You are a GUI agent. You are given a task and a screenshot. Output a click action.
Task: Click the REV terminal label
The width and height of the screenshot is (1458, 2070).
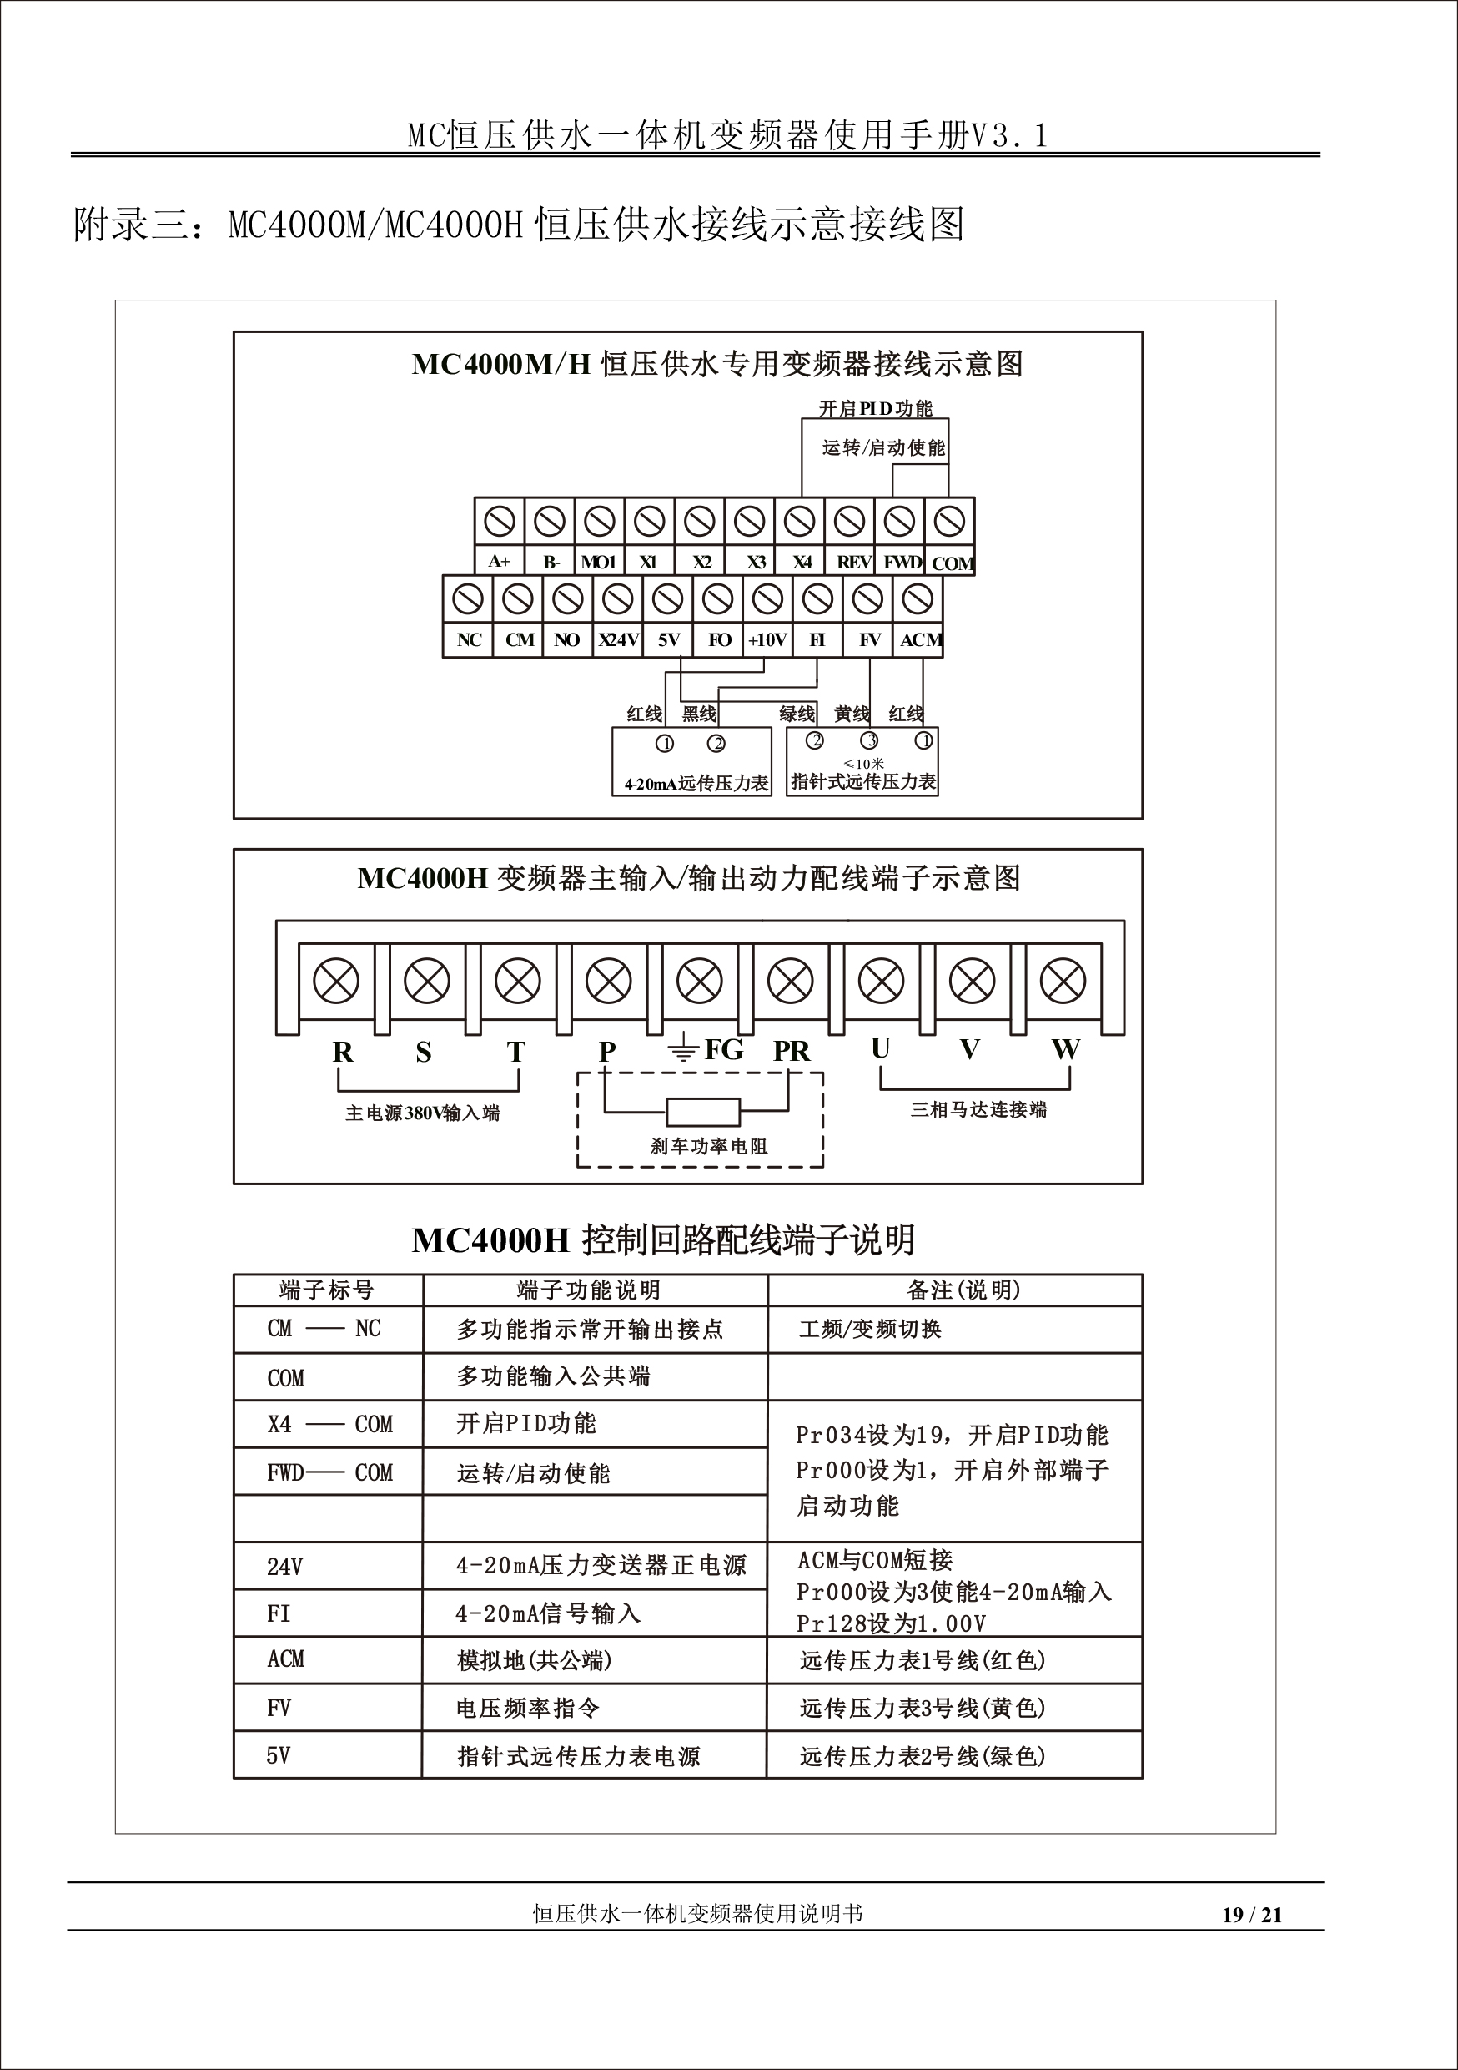pos(853,563)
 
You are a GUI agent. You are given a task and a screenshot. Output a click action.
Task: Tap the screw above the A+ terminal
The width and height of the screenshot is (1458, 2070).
pos(500,521)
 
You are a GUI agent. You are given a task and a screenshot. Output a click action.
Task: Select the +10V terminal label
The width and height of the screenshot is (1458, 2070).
pos(767,640)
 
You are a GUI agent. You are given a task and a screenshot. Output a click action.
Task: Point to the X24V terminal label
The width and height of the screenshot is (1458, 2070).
pos(618,640)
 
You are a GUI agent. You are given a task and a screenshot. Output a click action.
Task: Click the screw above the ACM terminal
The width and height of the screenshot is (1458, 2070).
pos(918,598)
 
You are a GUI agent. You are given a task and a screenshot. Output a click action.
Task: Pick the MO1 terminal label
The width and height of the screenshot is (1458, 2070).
pos(598,563)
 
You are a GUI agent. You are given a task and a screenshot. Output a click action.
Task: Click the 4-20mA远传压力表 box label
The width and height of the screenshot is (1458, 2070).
pos(696,784)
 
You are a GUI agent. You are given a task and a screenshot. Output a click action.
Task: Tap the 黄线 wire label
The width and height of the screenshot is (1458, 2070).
pos(851,714)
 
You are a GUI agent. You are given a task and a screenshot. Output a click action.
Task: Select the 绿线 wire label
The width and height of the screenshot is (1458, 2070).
pos(797,714)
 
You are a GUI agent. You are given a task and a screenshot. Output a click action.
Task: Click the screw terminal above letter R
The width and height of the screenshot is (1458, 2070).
pos(336,981)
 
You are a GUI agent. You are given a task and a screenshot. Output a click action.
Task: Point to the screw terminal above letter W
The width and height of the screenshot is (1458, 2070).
pos(1063,981)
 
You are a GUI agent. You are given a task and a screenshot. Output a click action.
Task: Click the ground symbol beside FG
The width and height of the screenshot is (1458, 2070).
pos(683,1049)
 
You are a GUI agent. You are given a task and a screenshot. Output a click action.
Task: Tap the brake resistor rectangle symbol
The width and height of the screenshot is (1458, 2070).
pos(703,1112)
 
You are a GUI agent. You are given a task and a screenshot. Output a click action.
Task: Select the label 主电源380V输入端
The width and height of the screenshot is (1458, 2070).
pos(422,1113)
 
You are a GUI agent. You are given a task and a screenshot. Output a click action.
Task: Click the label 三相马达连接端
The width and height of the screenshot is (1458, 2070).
pos(978,1110)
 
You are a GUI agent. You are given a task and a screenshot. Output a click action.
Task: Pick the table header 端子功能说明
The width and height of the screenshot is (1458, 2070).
pos(588,1290)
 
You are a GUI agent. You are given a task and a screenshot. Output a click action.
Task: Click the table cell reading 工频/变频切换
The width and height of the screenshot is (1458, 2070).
pos(870,1329)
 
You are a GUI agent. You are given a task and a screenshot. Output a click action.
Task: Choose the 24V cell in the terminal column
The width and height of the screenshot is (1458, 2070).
pos(284,1567)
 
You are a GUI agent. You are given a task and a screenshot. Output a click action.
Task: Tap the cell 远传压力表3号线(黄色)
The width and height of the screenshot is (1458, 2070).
pos(922,1708)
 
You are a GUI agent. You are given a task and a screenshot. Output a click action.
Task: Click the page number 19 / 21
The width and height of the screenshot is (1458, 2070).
pos(1252,1915)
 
